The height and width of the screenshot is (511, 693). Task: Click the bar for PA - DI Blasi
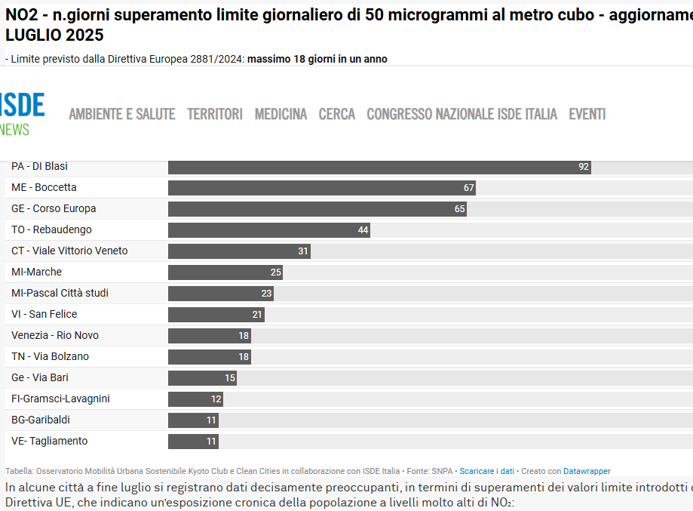click(x=379, y=168)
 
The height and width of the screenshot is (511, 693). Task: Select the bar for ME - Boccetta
click(x=322, y=188)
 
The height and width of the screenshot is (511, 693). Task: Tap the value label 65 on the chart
click(x=460, y=209)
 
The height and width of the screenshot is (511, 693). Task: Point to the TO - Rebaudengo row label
click(x=52, y=229)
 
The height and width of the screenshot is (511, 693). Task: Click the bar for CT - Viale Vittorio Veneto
click(x=239, y=251)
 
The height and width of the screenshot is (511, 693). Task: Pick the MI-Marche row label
click(x=37, y=272)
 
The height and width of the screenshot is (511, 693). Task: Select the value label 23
click(x=266, y=294)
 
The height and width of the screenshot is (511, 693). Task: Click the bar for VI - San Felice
click(x=216, y=315)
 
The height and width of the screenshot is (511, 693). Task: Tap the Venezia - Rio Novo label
click(x=55, y=335)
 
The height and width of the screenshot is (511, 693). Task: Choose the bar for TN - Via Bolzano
click(x=210, y=357)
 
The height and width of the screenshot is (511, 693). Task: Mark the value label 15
click(x=230, y=378)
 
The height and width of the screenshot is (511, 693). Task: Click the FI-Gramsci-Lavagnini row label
click(x=60, y=399)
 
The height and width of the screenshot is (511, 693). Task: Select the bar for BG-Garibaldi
click(x=193, y=420)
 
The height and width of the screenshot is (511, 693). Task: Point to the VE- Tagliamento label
click(x=50, y=441)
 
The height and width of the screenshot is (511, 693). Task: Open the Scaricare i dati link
click(x=487, y=471)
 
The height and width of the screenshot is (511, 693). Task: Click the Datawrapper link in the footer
click(x=587, y=471)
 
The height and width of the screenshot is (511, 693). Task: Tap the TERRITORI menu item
click(x=215, y=114)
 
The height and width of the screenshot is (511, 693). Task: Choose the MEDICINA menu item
click(x=281, y=114)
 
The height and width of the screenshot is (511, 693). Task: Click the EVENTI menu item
click(x=587, y=114)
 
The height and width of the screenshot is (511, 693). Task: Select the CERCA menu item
click(x=337, y=114)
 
